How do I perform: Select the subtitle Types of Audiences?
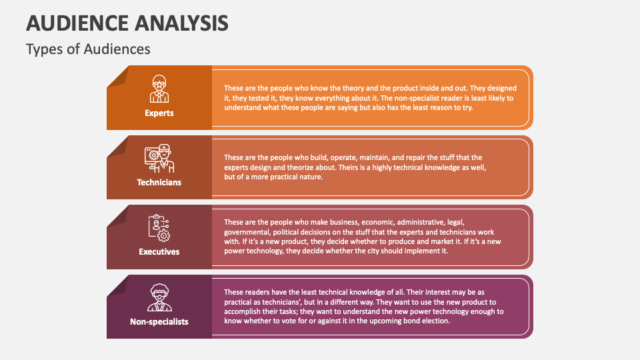88,49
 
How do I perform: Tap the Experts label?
159,113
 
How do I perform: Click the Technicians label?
159,182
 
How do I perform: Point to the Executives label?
159,252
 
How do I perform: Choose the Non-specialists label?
159,321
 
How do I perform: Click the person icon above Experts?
159,88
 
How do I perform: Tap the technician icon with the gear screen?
159,158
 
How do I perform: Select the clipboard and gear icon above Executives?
159,227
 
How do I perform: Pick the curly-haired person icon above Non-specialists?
159,297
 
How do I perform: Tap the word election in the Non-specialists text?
435,321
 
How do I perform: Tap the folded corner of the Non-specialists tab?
117,285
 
